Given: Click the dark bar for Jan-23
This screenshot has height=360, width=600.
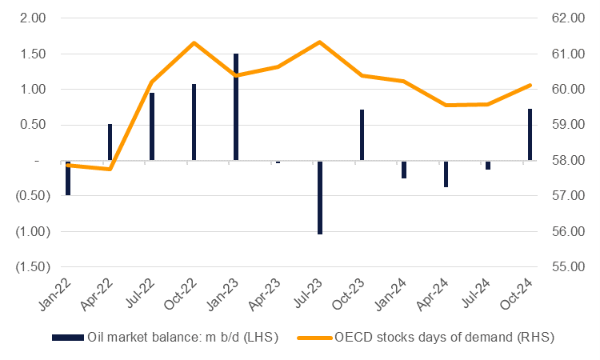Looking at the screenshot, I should pyautogui.click(x=236, y=107).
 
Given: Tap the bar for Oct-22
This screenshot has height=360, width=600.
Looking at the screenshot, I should pyautogui.click(x=194, y=122).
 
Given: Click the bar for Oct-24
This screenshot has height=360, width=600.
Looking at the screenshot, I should pyautogui.click(x=530, y=134).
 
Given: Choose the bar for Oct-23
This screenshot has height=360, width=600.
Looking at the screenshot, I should pyautogui.click(x=362, y=135).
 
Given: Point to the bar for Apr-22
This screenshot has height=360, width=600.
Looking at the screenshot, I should pyautogui.click(x=110, y=142).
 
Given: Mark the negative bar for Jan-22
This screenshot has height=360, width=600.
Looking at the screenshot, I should pyautogui.click(x=68, y=178).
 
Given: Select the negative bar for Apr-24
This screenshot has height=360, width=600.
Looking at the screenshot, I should pyautogui.click(x=446, y=174).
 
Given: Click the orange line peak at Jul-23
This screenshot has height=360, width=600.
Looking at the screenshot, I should pyautogui.click(x=320, y=42).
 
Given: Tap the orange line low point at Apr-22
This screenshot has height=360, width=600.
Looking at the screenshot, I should pyautogui.click(x=110, y=169).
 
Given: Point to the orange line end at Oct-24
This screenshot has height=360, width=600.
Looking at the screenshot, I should pyautogui.click(x=530, y=85).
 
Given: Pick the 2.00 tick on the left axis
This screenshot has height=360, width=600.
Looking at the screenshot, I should pyautogui.click(x=30, y=18).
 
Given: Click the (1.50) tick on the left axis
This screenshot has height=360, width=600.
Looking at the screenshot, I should pyautogui.click(x=27, y=267).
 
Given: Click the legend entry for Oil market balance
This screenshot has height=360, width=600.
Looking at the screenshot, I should pyautogui.click(x=164, y=338).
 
